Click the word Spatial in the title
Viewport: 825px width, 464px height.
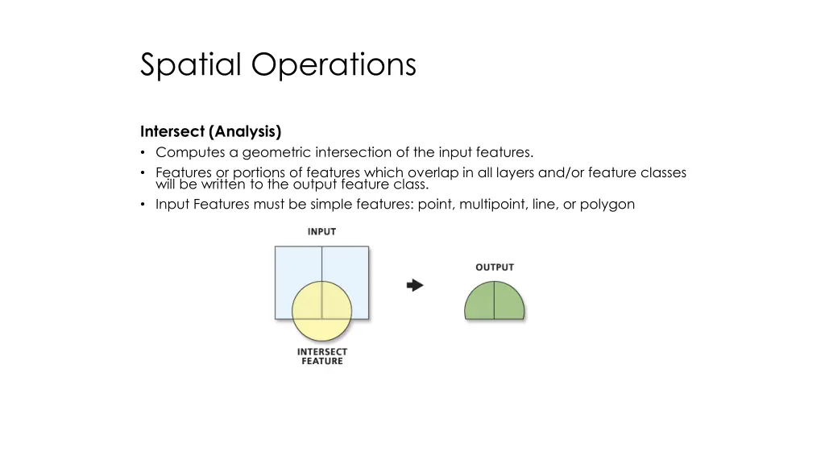click(190, 64)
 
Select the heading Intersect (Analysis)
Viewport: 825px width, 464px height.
click(210, 131)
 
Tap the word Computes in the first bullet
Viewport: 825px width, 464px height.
click(187, 152)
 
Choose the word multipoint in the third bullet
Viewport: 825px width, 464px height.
click(491, 204)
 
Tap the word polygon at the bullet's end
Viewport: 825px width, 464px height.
click(607, 204)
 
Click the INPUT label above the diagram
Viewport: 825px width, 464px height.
click(321, 231)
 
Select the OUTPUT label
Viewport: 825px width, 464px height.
click(494, 267)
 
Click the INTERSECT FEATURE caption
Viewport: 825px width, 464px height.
click(321, 356)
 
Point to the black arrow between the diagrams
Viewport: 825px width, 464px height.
click(415, 285)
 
